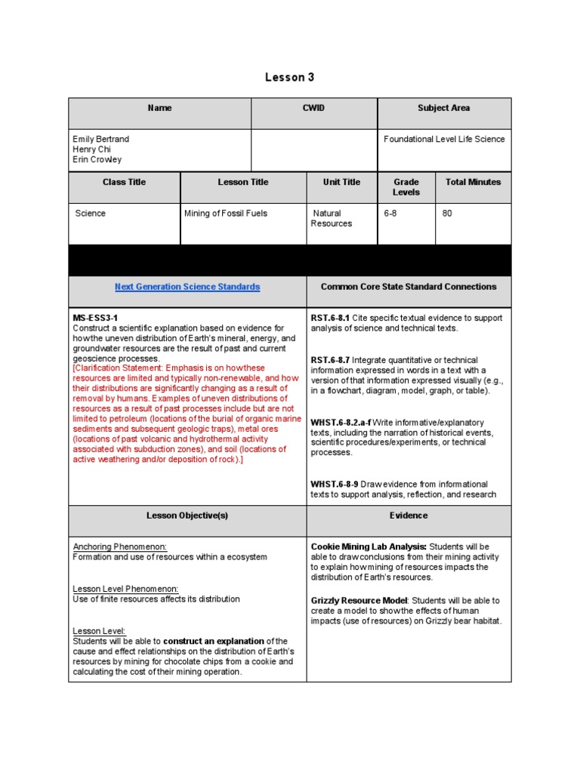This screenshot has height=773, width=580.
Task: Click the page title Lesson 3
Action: coord(289,77)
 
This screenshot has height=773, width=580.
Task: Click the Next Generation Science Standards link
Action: coord(187,287)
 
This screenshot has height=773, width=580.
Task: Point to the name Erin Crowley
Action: coord(97,160)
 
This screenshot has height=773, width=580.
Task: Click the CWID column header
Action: coord(313,108)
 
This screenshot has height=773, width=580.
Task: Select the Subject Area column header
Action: coord(443,108)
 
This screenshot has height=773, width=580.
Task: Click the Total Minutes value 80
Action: coord(447,214)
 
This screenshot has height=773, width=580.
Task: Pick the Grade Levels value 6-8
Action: coord(390,214)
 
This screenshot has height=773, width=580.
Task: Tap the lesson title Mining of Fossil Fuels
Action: coord(226,214)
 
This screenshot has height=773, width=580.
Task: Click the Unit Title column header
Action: coord(341,182)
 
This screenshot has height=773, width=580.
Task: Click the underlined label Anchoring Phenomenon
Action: coord(119,547)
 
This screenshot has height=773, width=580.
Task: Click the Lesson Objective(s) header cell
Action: coord(187,516)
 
